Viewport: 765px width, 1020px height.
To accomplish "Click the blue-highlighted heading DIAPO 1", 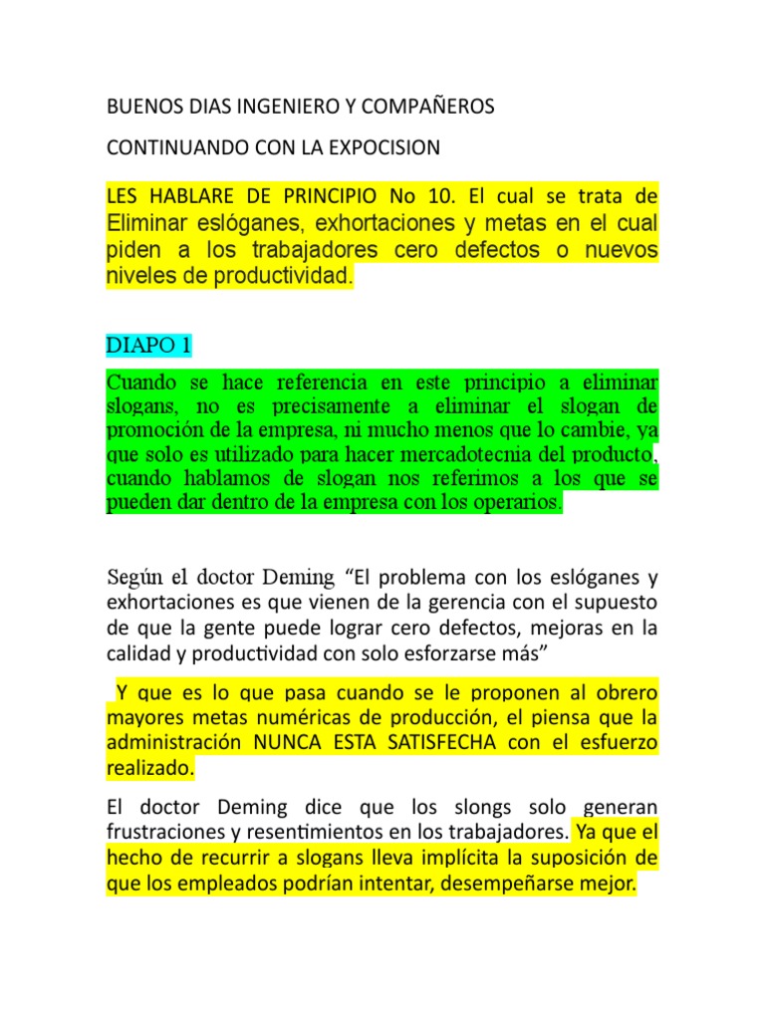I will coord(147,346).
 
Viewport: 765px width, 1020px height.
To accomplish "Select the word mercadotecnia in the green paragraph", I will coord(485,455).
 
